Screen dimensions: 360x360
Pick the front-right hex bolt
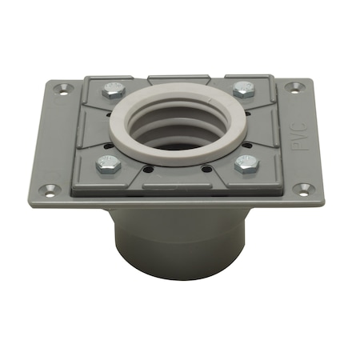247,163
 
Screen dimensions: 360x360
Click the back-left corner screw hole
62,89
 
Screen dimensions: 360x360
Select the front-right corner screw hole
303,189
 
